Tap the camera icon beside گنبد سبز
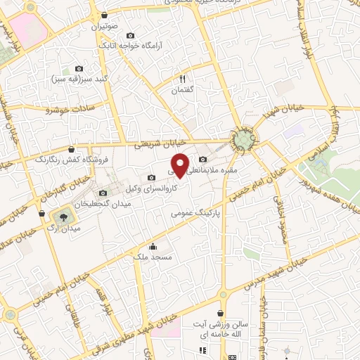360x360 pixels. [x=79, y=69]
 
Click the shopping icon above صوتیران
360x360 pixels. [x=105, y=15]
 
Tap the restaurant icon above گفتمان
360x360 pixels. [x=182, y=79]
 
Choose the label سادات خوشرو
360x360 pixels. [x=68, y=110]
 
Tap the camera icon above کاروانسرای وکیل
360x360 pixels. [x=152, y=177]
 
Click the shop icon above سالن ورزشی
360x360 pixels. [x=221, y=314]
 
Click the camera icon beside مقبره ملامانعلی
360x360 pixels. [x=203, y=159]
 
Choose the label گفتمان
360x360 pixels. [x=182, y=91]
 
